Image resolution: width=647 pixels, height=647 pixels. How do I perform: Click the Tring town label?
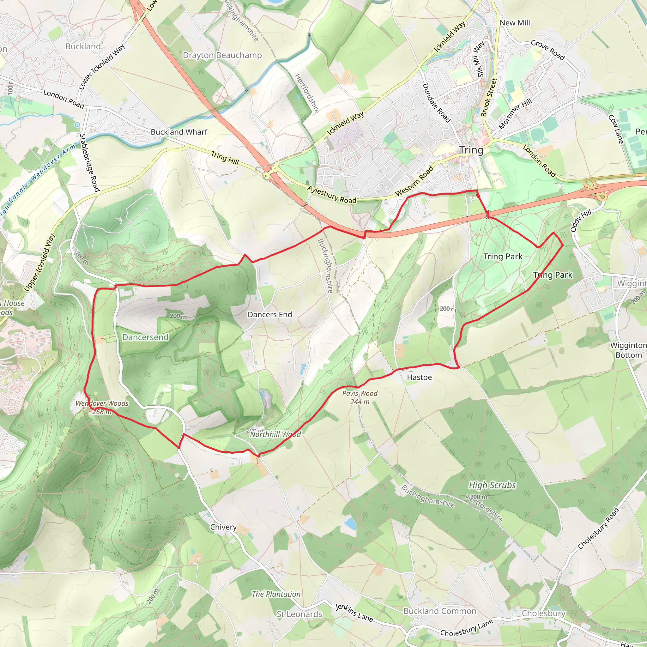tap(471, 150)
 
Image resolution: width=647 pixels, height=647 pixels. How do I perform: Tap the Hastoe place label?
tap(419, 378)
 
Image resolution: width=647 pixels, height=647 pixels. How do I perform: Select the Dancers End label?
tap(269, 314)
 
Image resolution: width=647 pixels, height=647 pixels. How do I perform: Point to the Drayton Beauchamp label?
tap(222, 55)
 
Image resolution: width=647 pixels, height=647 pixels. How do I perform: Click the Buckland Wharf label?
tap(179, 132)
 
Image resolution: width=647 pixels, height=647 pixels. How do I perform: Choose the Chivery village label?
tap(223, 527)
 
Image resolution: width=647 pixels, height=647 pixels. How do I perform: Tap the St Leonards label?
tap(299, 614)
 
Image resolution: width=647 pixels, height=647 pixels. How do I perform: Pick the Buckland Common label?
tap(440, 611)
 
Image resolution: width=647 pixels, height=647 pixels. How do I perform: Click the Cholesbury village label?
tap(543, 613)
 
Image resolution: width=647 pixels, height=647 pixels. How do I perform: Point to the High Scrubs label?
tap(492, 485)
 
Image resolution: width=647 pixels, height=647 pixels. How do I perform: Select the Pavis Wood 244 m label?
tap(360, 397)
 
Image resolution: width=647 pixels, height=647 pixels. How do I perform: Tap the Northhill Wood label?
tap(275, 434)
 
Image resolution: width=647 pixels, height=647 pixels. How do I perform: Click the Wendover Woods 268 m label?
tap(102, 407)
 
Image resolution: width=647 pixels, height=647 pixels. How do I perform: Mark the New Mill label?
tap(515, 23)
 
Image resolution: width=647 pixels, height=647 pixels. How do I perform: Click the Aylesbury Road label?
tap(332, 195)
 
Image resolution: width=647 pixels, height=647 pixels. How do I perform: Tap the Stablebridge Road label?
tap(89, 163)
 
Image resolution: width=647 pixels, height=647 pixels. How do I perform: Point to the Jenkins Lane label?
tap(354, 613)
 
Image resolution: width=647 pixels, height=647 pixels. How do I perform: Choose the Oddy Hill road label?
tap(581, 221)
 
